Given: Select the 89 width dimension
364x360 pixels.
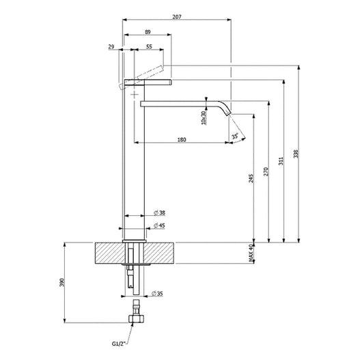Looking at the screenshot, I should coord(148,31).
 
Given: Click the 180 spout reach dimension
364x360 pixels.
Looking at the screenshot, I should coord(182,140).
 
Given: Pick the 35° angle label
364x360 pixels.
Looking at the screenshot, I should coord(236,136).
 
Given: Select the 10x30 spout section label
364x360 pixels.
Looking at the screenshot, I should coord(204,117).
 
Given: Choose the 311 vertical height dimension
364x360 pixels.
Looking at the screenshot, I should coord(281,161).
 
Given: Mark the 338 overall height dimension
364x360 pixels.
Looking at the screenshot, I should coord(296,154).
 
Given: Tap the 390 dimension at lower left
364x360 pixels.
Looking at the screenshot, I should coord(61,281).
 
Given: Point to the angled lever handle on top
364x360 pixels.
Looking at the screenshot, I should coord(143,74).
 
